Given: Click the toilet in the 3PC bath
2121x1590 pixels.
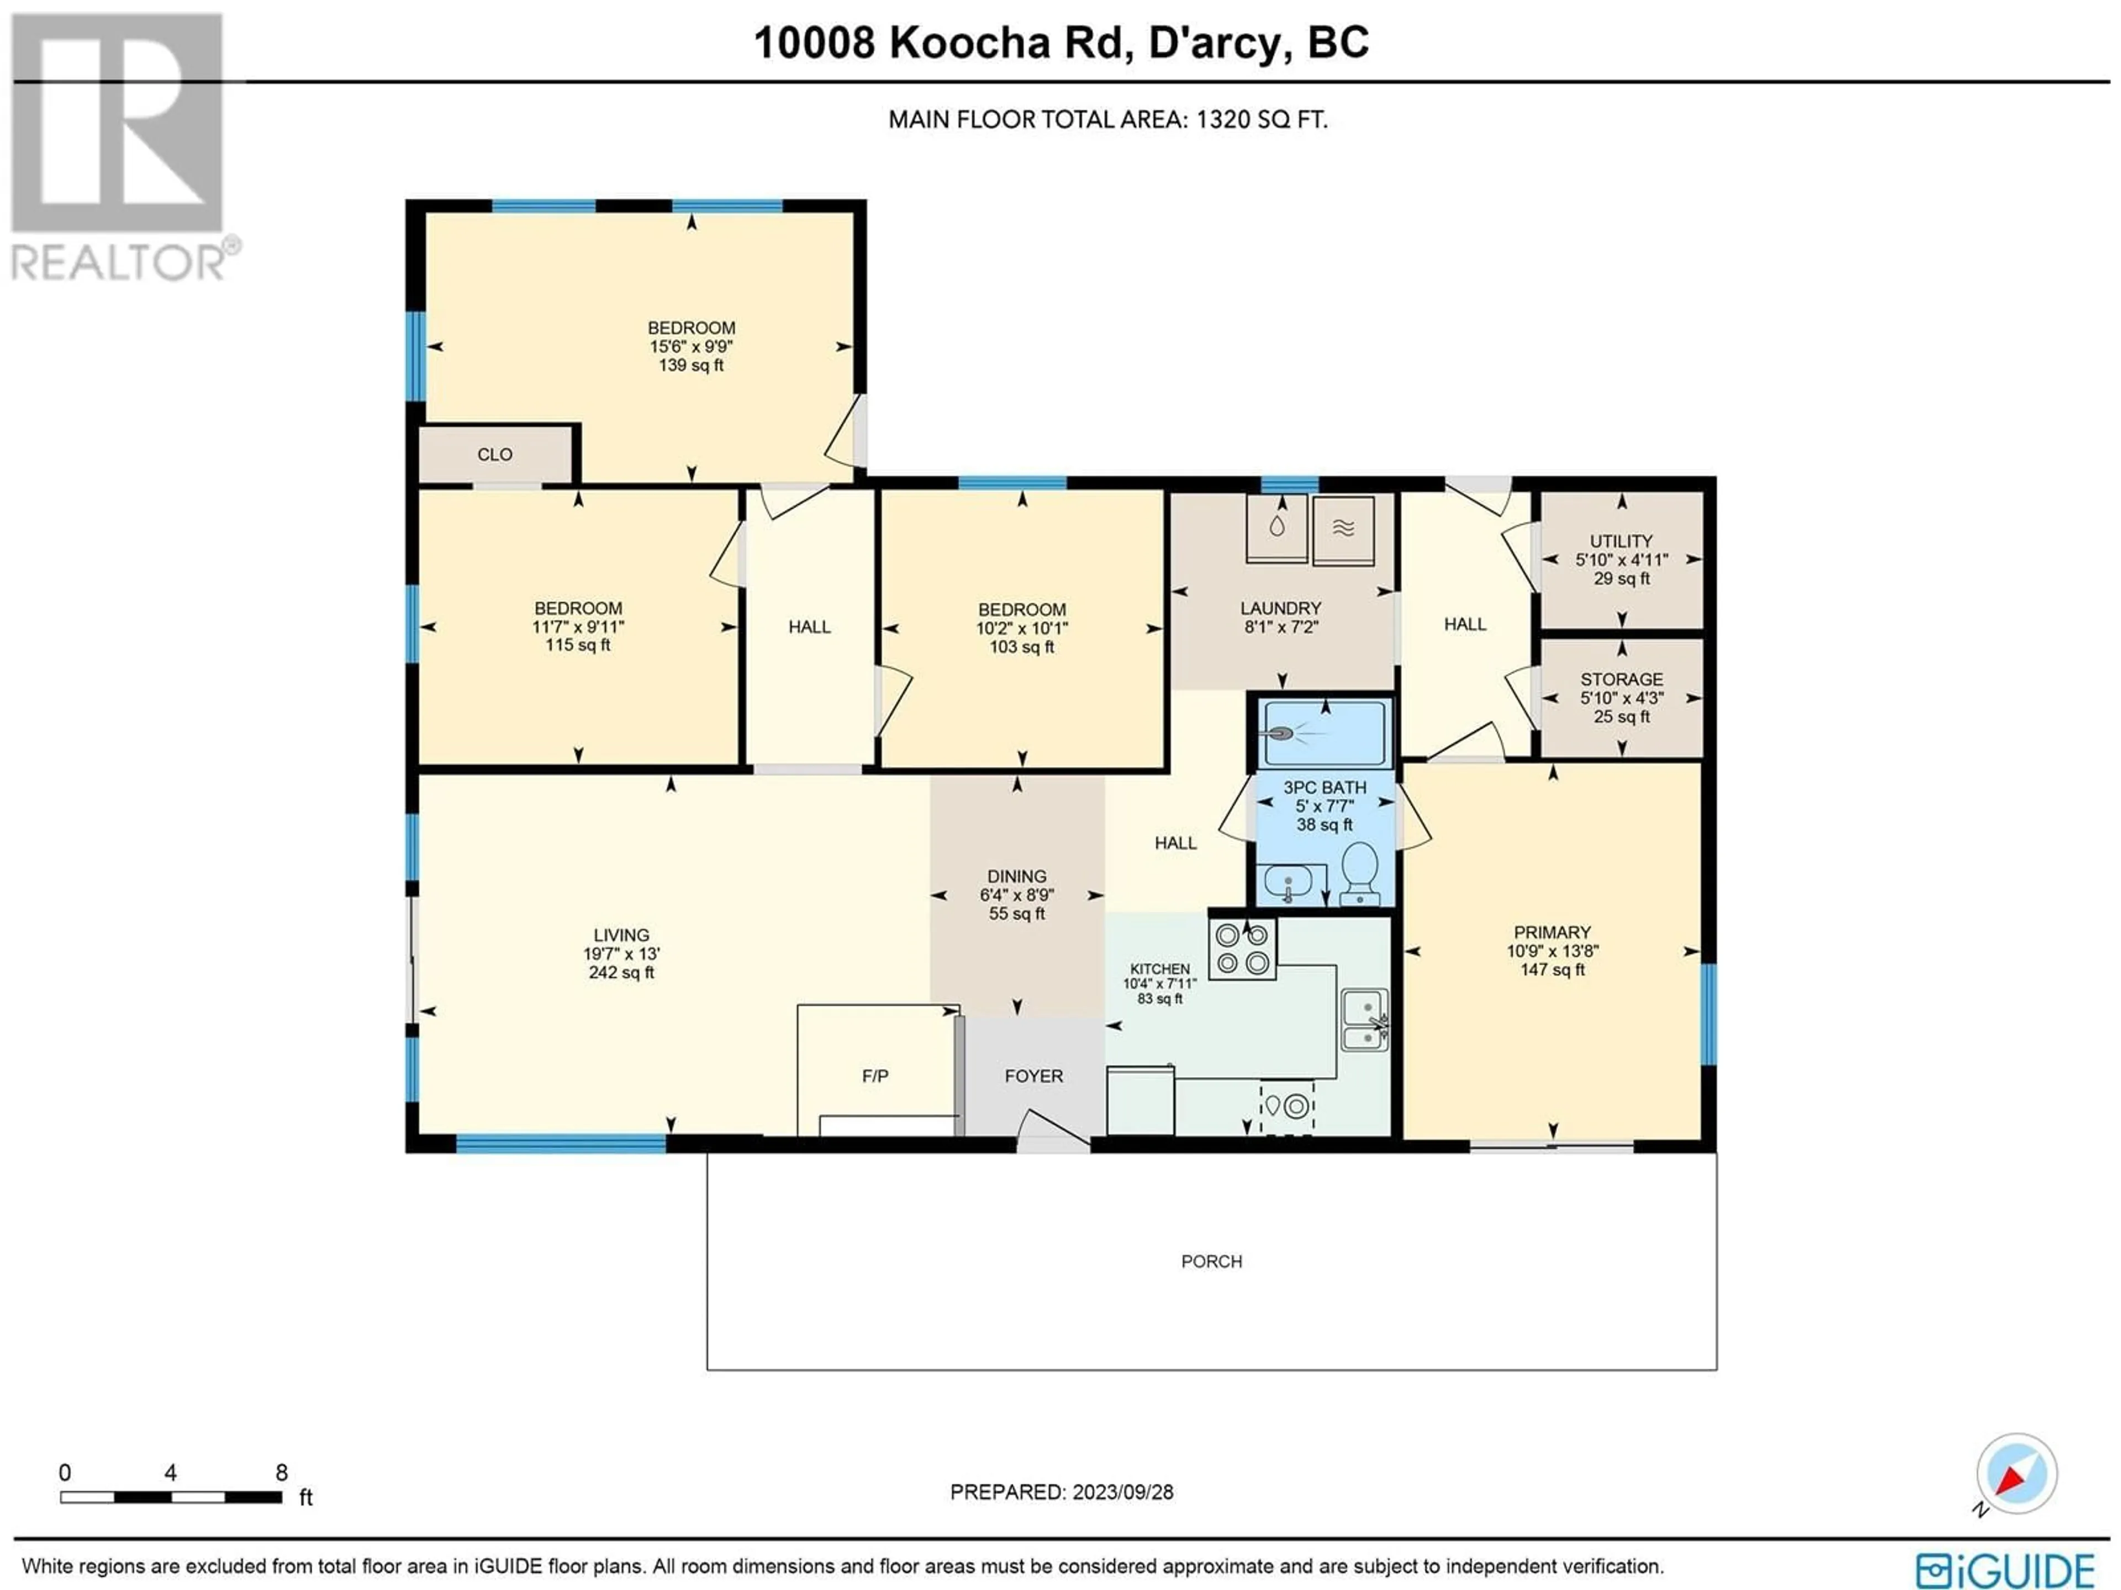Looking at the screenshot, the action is tap(1360, 873).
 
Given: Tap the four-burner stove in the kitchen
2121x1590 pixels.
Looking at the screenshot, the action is tap(1242, 949).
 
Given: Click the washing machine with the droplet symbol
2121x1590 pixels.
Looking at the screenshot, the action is tap(1276, 528).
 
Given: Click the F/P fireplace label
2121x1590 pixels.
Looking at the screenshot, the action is tap(874, 1077).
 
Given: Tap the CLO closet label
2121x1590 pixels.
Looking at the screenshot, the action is tap(495, 454).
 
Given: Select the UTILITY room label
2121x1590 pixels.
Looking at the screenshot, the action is tap(1622, 540).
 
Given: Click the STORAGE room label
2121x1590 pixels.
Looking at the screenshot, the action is tap(1622, 679).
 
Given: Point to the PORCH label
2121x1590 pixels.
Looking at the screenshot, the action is tap(1211, 1262).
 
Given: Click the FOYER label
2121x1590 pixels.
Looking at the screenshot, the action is tap(1033, 1077).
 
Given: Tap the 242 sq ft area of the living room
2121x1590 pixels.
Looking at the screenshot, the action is tap(621, 972).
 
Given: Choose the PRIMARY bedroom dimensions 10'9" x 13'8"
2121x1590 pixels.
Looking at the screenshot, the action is tap(1553, 951).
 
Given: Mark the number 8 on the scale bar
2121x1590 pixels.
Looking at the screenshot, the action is tap(281, 1472).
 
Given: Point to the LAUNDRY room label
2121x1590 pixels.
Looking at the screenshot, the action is tap(1280, 608).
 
